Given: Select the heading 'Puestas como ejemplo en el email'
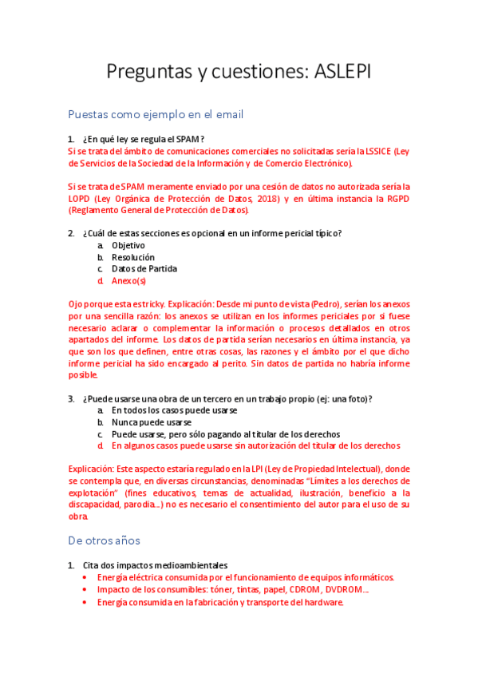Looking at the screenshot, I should pyautogui.click(x=156, y=114).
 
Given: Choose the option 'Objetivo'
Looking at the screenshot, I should pyautogui.click(x=128, y=245).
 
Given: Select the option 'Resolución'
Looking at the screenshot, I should pyautogui.click(x=133, y=257).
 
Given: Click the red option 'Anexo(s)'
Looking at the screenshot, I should pyautogui.click(x=128, y=281).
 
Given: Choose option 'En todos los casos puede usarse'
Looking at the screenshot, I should pyautogui.click(x=174, y=410).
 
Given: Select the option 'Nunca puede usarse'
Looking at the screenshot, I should pyautogui.click(x=151, y=422).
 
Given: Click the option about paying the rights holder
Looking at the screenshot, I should pyautogui.click(x=226, y=434).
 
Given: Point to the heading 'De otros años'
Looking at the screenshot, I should pyautogui.click(x=104, y=540).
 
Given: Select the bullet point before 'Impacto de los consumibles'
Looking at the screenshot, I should pyautogui.click(x=86, y=590).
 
